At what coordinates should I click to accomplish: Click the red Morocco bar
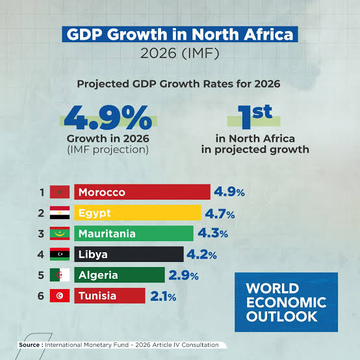(142, 192)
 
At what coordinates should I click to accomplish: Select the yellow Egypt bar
(138, 213)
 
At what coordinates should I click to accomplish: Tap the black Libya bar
(129, 254)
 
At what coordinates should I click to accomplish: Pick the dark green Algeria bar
(120, 275)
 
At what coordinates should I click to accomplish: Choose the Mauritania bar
(134, 233)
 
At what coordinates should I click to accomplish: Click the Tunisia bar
(110, 296)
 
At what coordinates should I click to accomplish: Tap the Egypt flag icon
(60, 212)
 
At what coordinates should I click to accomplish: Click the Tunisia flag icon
(60, 296)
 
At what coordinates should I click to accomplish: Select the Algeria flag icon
(60, 275)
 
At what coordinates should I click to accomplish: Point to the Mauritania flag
(60, 233)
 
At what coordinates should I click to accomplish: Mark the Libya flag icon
(60, 254)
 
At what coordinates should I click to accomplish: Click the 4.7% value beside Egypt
(220, 214)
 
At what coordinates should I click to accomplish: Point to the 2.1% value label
(163, 296)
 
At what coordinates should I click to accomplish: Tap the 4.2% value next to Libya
(201, 255)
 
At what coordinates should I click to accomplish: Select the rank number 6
(41, 296)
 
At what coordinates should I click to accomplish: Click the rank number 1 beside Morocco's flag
(42, 192)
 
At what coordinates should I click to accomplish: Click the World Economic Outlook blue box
(286, 302)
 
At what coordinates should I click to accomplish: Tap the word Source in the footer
(29, 345)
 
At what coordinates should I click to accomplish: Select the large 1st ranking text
(255, 116)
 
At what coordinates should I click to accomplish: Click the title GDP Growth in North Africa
(180, 34)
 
